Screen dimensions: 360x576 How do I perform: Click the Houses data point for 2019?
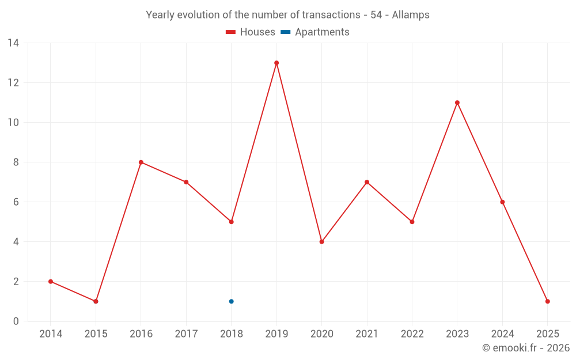pos(276,63)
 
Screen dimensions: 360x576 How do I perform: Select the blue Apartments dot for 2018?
pos(231,301)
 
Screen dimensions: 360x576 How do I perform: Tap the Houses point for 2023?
pos(457,103)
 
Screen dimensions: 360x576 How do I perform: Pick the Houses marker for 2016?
pos(141,162)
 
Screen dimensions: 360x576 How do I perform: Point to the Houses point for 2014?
pos(51,282)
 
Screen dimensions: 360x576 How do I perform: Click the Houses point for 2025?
pos(547,301)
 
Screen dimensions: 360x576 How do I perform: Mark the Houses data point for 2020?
pos(321,242)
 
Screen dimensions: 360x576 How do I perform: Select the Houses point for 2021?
pos(367,182)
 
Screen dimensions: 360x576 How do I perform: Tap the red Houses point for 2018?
pos(231,222)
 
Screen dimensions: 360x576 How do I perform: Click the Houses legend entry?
pos(251,32)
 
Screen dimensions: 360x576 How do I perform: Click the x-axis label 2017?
pos(186,334)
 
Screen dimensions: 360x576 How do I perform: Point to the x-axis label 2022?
pos(412,334)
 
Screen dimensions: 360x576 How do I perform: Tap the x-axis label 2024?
pos(502,334)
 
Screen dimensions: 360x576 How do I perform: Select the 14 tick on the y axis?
pos(13,43)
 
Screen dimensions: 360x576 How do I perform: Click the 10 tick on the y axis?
pos(13,123)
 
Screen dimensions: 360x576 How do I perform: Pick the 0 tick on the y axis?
pos(16,321)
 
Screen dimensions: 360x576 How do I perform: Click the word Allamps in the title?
pos(411,15)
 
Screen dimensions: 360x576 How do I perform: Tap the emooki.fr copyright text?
pos(525,348)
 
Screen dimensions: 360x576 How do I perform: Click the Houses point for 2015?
pos(96,301)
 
